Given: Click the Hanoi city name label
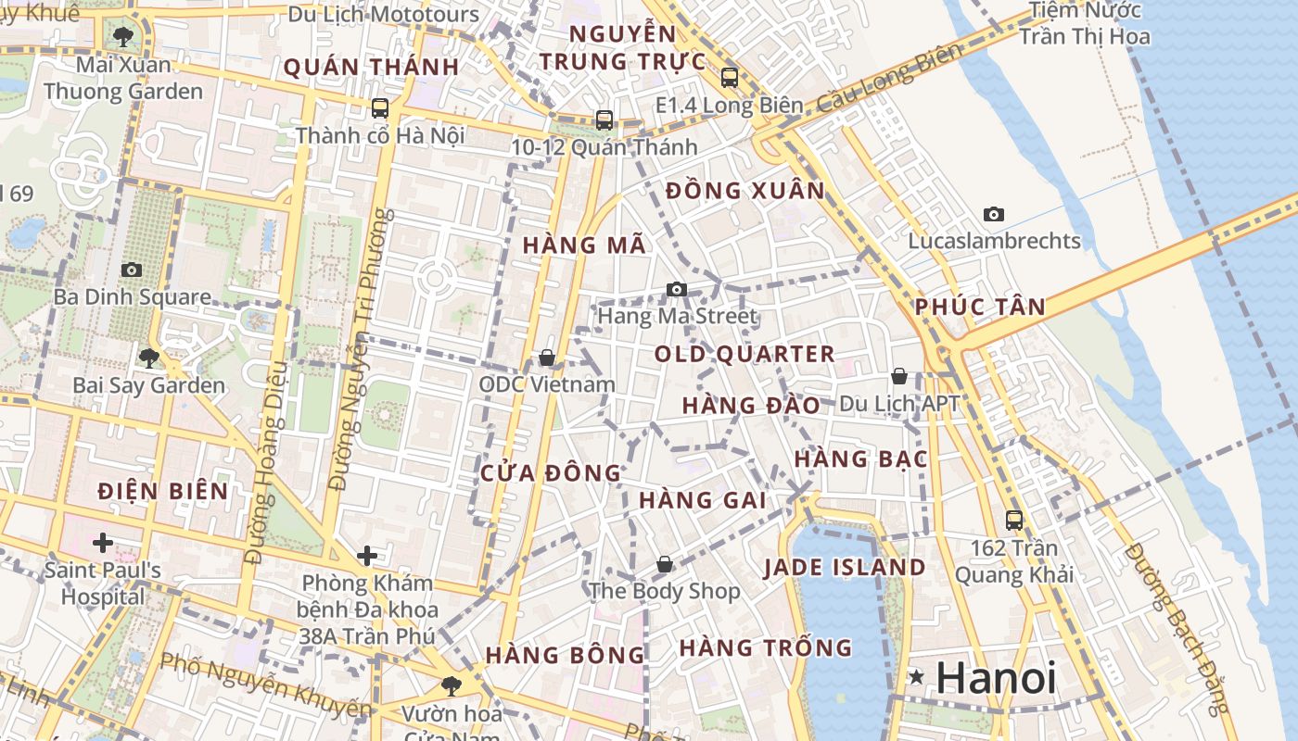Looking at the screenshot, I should click(x=996, y=678).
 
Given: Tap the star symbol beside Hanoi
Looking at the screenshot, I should click(x=917, y=677).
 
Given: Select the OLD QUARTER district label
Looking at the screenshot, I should click(x=744, y=354).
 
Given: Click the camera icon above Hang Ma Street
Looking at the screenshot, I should click(x=677, y=289).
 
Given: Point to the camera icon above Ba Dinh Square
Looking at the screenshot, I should click(x=132, y=270).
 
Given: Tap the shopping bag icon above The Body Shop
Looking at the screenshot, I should click(x=664, y=563).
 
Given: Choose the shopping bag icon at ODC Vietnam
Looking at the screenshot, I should click(x=547, y=358).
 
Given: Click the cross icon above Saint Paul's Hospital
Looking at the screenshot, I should click(x=102, y=542).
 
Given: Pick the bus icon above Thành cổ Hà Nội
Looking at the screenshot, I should click(x=379, y=108).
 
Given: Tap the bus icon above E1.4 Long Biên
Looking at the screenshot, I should click(x=729, y=78).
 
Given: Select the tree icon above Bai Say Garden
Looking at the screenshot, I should click(x=148, y=358).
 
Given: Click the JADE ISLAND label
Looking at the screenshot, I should click(x=844, y=568).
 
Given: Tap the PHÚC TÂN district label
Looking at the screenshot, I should click(x=980, y=308).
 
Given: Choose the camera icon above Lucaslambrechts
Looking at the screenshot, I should click(x=994, y=214).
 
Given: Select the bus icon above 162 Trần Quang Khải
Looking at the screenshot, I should click(x=1014, y=521).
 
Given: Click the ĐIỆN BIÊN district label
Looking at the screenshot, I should click(x=162, y=491).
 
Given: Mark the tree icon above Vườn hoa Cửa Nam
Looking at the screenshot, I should click(x=451, y=686).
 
